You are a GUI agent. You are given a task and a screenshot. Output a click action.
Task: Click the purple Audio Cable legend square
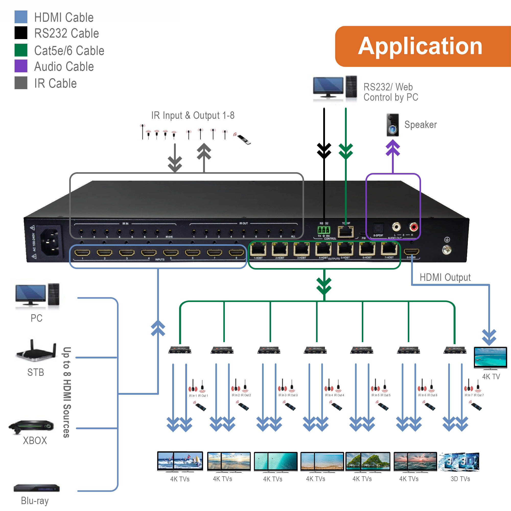[x=21, y=66]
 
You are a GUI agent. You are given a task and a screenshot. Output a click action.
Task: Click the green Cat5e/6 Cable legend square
[x=21, y=50]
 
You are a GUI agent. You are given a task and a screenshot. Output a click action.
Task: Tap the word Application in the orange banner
[x=420, y=46]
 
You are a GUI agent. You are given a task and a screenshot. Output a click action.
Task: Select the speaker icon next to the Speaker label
[x=392, y=125]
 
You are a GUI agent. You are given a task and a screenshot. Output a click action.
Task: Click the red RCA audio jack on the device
[x=413, y=227]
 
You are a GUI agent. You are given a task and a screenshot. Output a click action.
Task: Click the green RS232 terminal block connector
[x=324, y=230]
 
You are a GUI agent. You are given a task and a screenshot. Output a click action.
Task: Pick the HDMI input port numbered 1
[x=82, y=253]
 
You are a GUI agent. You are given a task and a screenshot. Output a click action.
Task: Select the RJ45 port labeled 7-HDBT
[x=389, y=249]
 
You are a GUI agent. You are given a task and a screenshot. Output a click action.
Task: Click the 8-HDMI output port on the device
[x=411, y=251]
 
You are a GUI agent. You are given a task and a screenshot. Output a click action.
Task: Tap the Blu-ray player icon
[x=37, y=488]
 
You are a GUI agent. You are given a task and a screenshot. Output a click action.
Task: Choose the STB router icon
[x=37, y=351]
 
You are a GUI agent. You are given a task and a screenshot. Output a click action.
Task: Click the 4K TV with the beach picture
[x=490, y=357]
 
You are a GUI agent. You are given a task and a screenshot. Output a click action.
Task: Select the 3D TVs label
[x=460, y=479]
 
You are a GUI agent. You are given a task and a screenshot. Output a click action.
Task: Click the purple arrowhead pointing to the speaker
[x=393, y=147]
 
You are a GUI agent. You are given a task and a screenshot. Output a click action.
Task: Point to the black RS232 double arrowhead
[x=324, y=151]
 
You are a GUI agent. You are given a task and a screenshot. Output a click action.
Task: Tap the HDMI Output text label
[x=445, y=277]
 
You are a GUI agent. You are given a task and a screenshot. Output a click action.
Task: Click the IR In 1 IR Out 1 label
[x=198, y=396]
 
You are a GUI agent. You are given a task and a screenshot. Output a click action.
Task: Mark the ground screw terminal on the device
[x=447, y=250]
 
